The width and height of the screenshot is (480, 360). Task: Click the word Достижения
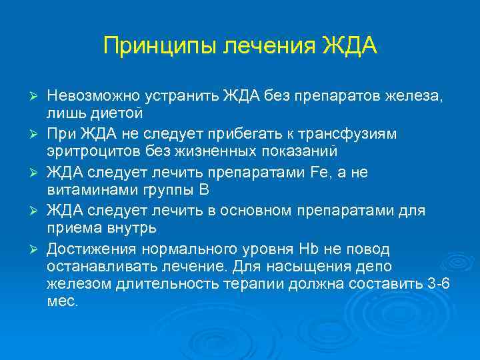pyautogui.click(x=87, y=249)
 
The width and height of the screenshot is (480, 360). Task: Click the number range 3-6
pyautogui.click(x=438, y=283)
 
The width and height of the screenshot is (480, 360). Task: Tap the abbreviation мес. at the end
pyautogui.click(x=63, y=300)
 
